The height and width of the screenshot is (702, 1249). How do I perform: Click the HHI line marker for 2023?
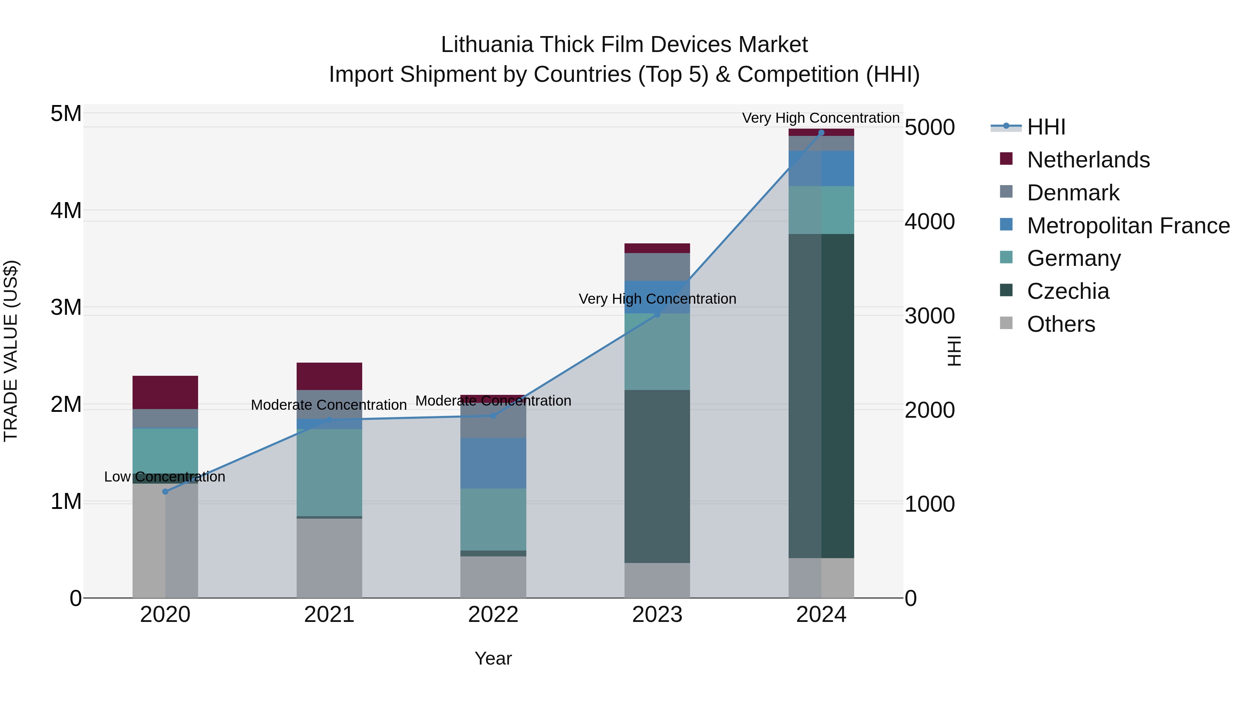(x=657, y=314)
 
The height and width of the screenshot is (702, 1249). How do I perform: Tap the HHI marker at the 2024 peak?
(x=821, y=133)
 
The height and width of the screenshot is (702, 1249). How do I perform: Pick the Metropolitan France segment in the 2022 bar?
(x=493, y=463)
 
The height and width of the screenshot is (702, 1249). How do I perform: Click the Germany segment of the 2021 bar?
(x=329, y=473)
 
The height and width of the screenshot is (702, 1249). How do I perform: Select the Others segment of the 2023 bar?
(x=657, y=580)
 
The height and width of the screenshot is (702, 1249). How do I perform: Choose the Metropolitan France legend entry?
(x=1128, y=226)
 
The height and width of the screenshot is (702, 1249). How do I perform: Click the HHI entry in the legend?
(x=1045, y=127)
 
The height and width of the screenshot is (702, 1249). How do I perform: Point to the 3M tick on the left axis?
(x=66, y=307)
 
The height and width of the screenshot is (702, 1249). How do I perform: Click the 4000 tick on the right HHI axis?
(x=929, y=222)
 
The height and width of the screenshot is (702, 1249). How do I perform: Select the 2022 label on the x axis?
(x=493, y=615)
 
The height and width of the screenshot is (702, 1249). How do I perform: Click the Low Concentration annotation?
(x=165, y=477)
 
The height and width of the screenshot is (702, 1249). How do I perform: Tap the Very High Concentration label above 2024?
(x=821, y=118)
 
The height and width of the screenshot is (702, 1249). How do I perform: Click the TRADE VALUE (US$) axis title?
(x=11, y=351)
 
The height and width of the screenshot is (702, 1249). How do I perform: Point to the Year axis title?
(x=493, y=658)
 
